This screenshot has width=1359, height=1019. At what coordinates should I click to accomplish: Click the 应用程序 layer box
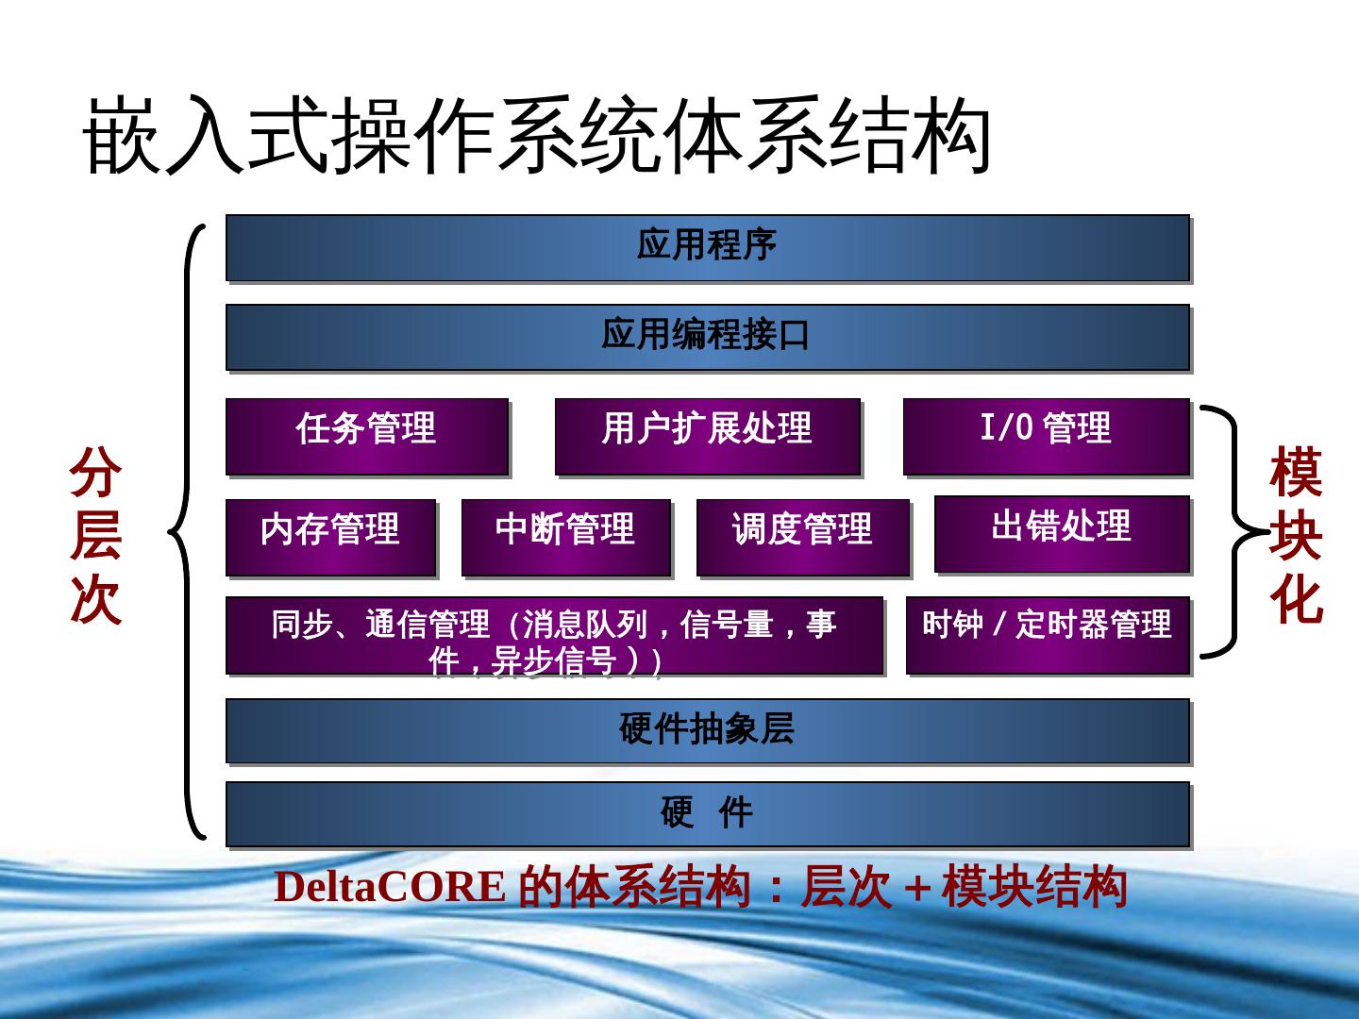pos(707,247)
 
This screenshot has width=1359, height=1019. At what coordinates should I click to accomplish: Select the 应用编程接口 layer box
pos(707,337)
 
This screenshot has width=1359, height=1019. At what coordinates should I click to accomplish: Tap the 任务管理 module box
pos(366,435)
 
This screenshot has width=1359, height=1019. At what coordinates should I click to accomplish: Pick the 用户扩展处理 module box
pos(707,435)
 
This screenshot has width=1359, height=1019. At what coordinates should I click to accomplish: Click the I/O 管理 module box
pos(1046,435)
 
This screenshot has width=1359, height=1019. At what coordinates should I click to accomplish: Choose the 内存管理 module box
pos(330,536)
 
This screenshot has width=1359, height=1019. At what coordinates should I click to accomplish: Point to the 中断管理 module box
pos(565,536)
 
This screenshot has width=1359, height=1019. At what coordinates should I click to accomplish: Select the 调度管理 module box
pos(802,536)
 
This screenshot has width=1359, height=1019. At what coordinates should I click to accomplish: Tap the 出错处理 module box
pos(1061,533)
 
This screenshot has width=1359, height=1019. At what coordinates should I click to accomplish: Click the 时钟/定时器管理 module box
pos(1047,634)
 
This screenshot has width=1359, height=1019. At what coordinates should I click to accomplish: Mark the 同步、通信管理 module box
pos(554,634)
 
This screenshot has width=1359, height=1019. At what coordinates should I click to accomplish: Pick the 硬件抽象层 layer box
pos(707,730)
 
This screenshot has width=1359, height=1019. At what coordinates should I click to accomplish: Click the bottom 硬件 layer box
pos(707,813)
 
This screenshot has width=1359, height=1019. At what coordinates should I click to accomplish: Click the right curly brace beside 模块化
pos(1230,531)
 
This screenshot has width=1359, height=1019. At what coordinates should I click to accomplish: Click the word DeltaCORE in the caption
pos(389,887)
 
